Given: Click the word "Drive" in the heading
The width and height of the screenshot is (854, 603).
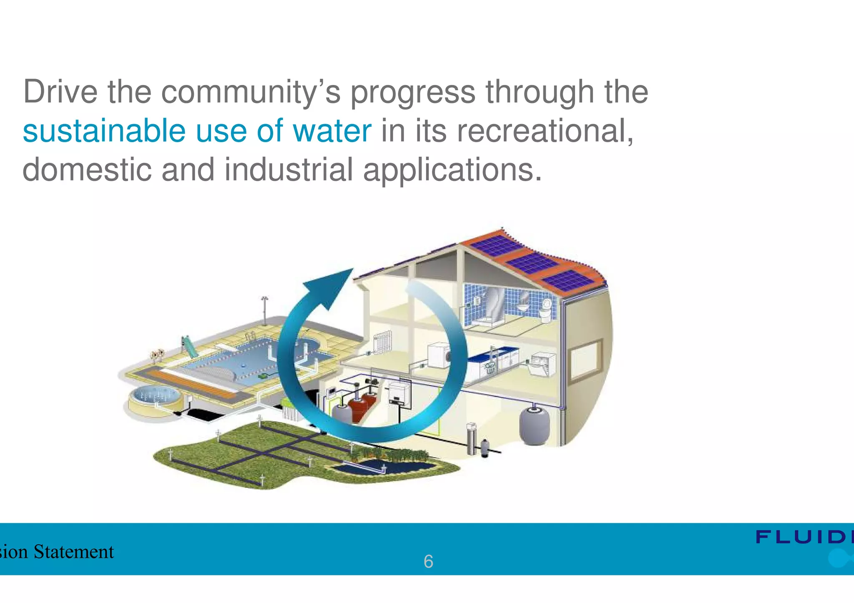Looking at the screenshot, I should pos(60,92).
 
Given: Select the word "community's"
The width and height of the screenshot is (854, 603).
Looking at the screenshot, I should pos(251,92).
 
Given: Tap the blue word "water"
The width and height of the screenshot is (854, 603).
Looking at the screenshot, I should pos(332,131).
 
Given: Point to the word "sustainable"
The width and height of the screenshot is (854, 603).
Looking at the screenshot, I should pos(104,131).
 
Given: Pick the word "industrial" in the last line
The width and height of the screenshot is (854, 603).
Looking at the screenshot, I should pos(289,170).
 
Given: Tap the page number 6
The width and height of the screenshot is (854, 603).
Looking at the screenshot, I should pos(428,562).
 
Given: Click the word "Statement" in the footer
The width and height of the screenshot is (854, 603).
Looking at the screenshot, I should pos(73,552).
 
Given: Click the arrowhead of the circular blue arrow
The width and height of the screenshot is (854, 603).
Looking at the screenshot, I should pos(332,288).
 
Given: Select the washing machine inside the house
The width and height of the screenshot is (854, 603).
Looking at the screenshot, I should pos(439,355).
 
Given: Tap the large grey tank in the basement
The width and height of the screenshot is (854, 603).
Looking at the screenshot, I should pos(535,425).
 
